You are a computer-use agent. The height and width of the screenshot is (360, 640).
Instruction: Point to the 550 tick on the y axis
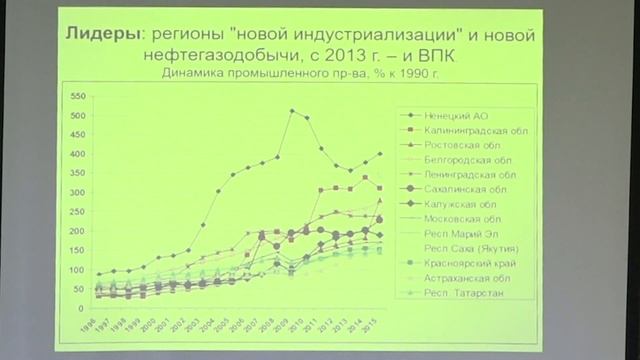click(x=77, y=97)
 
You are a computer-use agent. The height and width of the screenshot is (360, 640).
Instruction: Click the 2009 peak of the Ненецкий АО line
click(x=291, y=111)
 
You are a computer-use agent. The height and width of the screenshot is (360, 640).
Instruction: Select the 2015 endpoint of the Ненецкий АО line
click(x=379, y=154)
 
